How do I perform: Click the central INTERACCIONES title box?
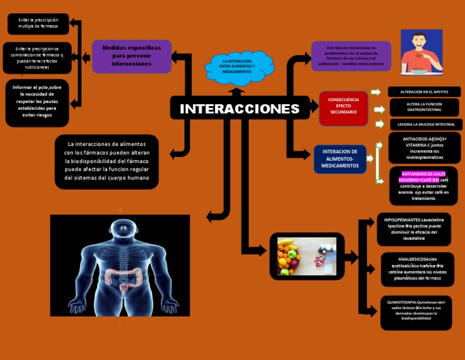(240, 109)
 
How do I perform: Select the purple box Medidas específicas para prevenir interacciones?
(131, 56)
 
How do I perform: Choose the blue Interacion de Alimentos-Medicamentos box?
(340, 159)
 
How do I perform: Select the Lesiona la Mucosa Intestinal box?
(426, 124)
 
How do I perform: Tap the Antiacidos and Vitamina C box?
(424, 148)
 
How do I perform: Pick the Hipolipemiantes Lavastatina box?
(414, 228)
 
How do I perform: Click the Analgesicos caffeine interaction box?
(417, 269)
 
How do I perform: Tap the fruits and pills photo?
(306, 256)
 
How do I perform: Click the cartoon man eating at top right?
(421, 52)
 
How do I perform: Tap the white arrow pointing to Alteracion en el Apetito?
(375, 92)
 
